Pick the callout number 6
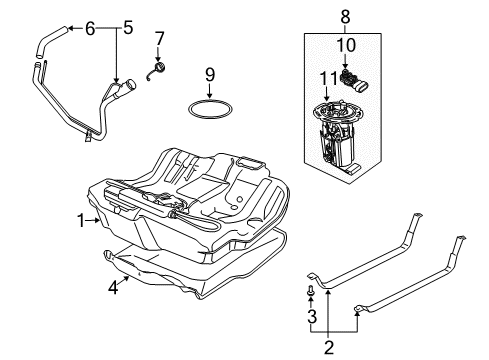point(90,28)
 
